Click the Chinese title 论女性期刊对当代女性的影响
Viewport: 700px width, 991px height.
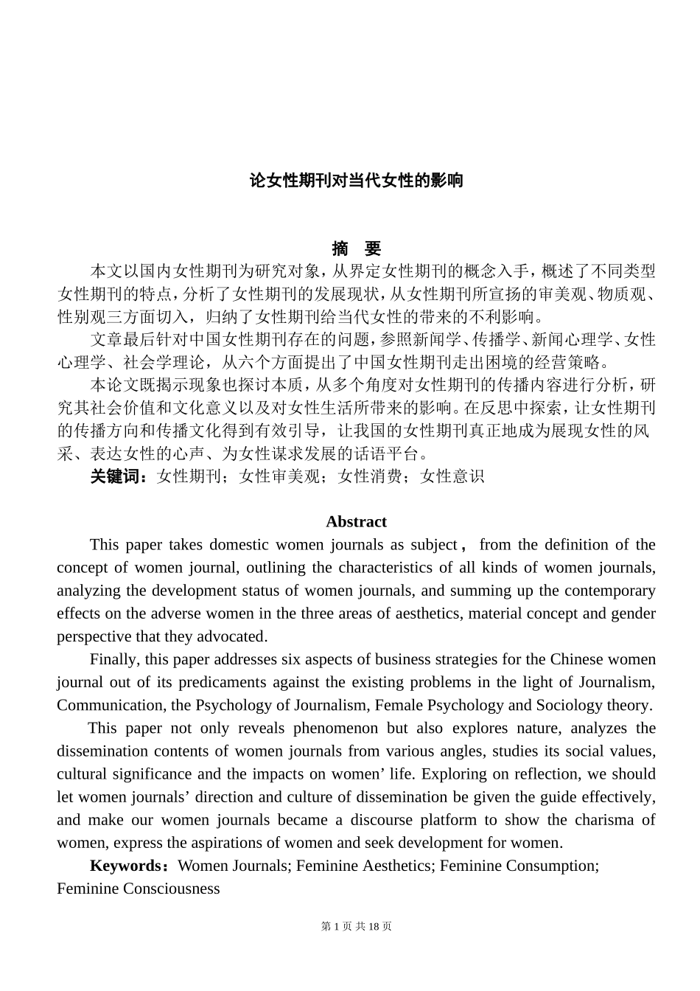point(356,181)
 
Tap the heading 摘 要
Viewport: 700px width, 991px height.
point(356,248)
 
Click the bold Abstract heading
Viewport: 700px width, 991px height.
point(356,522)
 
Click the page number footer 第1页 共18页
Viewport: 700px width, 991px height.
point(357,927)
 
